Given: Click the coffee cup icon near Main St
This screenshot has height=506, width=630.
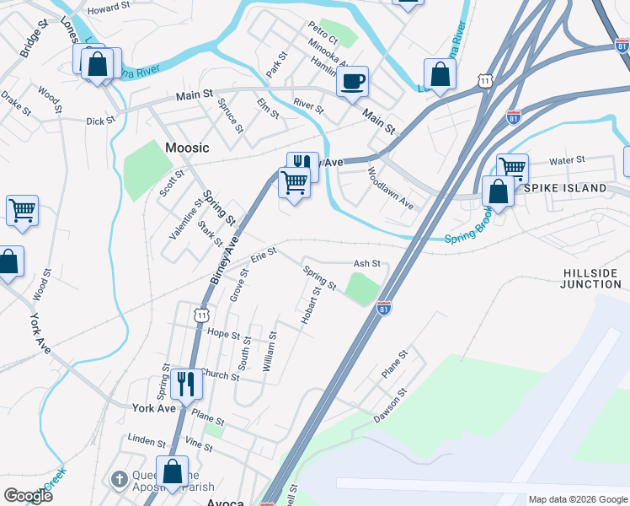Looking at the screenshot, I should pyautogui.click(x=352, y=82).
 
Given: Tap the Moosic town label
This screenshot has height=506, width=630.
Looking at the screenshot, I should pyautogui.click(x=187, y=148).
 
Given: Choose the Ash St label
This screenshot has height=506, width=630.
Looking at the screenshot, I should pyautogui.click(x=367, y=264).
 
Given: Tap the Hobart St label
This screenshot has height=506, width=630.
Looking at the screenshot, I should pyautogui.click(x=310, y=305).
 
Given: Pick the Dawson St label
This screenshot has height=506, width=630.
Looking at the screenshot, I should pyautogui.click(x=391, y=405).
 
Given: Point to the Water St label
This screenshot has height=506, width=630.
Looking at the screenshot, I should pyautogui.click(x=567, y=160).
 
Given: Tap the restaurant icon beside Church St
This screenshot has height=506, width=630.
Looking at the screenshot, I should pyautogui.click(x=185, y=383).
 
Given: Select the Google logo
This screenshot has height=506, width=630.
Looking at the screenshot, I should pyautogui.click(x=28, y=495).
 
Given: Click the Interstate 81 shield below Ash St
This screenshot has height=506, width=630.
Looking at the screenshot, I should pyautogui.click(x=384, y=309).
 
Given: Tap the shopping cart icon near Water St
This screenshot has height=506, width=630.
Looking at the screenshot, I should pyautogui.click(x=511, y=167).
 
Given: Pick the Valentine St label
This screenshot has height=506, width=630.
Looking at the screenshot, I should pyautogui.click(x=186, y=219).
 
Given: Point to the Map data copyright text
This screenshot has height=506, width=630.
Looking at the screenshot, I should pyautogui.click(x=577, y=499).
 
